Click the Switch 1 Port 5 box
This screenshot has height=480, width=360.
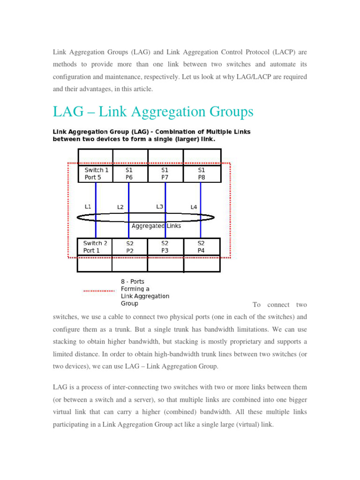96,173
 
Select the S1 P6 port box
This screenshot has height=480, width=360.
130,173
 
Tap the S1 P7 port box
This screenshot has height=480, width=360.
165,173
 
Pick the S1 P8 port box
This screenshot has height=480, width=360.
202,173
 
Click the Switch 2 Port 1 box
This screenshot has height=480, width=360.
95,247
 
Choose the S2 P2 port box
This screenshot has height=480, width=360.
130,247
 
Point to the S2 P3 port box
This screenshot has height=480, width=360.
165,247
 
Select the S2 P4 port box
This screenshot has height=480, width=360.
201,247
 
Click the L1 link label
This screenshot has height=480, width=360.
88,207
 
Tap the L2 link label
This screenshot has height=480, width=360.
120,207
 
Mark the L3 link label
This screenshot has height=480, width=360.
159,206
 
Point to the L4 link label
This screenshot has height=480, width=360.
194,207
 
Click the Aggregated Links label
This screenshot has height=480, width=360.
156,226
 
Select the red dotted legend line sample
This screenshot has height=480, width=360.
99,291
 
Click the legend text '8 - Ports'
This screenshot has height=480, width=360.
133,282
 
